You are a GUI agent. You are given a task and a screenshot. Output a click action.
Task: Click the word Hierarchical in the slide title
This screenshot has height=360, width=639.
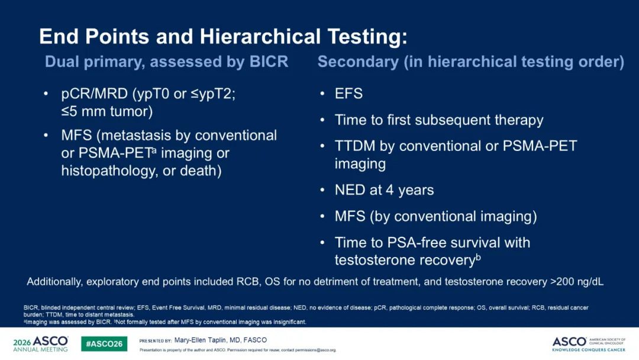(x=260, y=37)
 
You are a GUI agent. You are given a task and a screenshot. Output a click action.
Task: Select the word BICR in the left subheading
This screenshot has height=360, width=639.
(x=269, y=62)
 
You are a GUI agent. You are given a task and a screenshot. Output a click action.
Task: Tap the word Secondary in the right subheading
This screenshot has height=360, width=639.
(x=358, y=62)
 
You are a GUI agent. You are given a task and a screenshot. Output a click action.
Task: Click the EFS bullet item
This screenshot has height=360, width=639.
(x=348, y=94)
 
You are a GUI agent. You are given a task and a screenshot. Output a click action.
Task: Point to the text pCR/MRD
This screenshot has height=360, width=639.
(x=94, y=94)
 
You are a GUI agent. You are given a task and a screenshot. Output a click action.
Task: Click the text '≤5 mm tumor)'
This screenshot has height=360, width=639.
(x=106, y=111)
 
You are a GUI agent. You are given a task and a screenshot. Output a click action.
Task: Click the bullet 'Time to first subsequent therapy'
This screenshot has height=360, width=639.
(x=439, y=120)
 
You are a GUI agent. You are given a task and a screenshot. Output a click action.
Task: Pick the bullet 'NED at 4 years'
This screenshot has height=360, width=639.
(x=385, y=190)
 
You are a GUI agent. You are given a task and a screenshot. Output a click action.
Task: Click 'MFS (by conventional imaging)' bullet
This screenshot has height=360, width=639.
(x=435, y=216)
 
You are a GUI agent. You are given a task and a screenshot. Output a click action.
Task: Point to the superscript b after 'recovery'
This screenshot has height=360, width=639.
(x=479, y=257)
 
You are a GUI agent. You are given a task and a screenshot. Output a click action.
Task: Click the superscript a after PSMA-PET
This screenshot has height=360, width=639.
(x=154, y=150)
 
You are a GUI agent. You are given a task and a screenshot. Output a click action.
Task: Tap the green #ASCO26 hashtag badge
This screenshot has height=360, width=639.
(x=104, y=343)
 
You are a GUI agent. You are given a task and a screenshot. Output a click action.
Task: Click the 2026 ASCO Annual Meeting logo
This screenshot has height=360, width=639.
(x=40, y=343)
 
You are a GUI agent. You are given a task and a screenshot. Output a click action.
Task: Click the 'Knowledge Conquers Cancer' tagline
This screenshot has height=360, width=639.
(x=589, y=350)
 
